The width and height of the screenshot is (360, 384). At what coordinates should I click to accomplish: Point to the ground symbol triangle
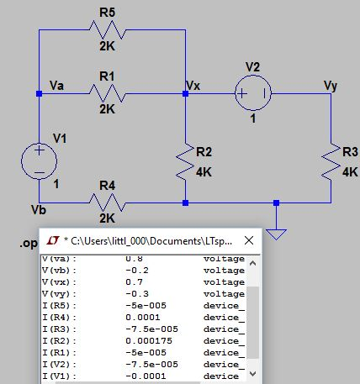[278, 233]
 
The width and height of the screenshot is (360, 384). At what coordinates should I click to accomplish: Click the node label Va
[58, 85]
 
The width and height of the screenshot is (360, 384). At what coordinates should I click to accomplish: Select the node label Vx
[193, 85]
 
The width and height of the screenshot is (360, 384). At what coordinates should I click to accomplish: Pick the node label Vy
[331, 85]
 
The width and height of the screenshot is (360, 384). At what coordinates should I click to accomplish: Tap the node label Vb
[39, 208]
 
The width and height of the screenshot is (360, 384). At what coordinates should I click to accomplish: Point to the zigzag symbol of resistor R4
[107, 203]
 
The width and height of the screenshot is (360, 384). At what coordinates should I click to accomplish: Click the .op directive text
[28, 244]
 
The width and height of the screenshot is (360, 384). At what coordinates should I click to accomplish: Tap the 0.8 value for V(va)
[134, 260]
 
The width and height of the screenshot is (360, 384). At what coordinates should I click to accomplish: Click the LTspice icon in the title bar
[55, 240]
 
